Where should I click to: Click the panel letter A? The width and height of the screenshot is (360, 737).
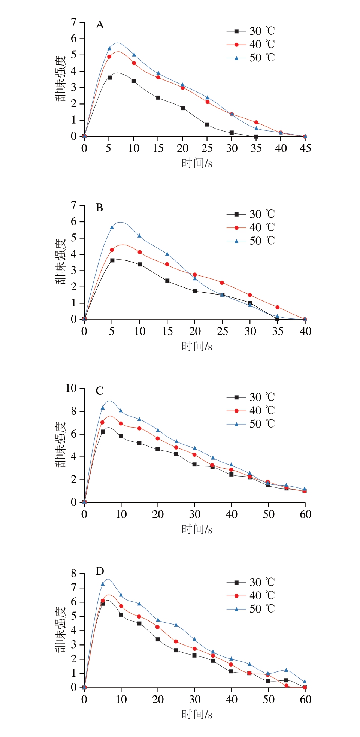click(100, 25)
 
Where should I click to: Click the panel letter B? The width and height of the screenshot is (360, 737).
click(99, 208)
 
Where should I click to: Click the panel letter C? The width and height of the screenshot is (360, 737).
click(99, 391)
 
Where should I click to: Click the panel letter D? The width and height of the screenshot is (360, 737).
click(100, 571)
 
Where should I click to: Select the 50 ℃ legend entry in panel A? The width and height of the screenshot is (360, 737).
click(251, 58)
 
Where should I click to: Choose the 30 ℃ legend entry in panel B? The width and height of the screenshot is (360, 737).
click(251, 214)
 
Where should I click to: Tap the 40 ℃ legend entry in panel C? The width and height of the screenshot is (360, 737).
click(251, 411)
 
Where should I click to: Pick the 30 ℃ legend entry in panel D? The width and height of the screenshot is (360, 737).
click(251, 582)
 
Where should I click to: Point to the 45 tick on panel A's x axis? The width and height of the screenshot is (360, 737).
click(305, 148)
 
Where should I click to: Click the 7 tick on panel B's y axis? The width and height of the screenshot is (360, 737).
click(74, 205)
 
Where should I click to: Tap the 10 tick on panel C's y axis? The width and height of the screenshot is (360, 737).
click(71, 388)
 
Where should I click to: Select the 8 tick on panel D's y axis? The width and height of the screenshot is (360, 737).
click(74, 573)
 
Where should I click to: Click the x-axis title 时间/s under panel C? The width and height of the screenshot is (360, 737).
click(197, 529)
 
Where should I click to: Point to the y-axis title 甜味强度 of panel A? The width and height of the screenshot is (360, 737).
click(61, 79)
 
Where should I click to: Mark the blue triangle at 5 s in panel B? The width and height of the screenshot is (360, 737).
click(112, 227)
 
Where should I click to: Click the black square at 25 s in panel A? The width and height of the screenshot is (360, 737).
click(207, 124)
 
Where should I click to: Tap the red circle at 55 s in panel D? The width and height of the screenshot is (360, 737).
click(287, 686)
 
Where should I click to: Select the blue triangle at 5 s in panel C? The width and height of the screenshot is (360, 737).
click(103, 408)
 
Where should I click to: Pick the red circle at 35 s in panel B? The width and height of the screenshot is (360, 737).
click(278, 307)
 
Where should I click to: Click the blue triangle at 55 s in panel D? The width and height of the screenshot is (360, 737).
click(287, 670)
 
